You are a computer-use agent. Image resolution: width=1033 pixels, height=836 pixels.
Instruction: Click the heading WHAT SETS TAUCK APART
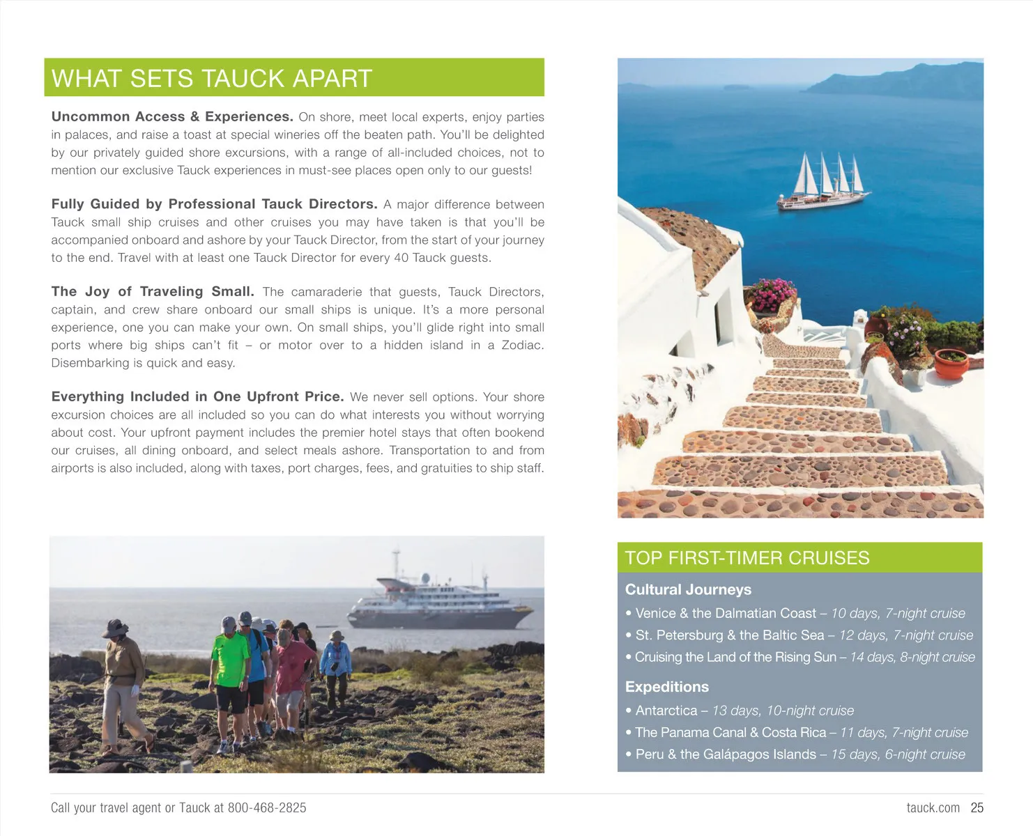[212, 78]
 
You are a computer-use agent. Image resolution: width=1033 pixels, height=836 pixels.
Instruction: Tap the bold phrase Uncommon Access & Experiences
[171, 117]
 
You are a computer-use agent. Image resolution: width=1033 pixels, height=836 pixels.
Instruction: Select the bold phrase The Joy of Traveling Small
[152, 292]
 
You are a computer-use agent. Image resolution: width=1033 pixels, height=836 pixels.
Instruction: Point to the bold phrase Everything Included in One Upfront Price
[197, 397]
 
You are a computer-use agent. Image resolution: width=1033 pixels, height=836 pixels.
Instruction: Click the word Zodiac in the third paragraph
[522, 346]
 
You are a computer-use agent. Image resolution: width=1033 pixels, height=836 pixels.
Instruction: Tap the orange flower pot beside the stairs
[951, 364]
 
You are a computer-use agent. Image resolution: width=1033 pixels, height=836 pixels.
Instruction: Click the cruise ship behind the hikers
[441, 601]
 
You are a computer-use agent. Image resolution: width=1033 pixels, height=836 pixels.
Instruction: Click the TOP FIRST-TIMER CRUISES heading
[747, 558]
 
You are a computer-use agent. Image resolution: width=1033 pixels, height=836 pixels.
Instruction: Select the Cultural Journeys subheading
[688, 589]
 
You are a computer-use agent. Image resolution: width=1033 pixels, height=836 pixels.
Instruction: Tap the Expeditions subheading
[666, 687]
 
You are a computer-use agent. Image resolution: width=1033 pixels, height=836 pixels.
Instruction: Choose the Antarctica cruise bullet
[744, 711]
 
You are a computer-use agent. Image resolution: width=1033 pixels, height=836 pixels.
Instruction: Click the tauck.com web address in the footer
[933, 808]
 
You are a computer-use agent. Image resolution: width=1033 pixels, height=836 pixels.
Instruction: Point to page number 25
[977, 808]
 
